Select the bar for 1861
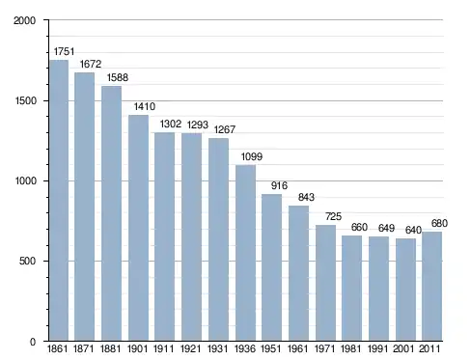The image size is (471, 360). [x=59, y=200]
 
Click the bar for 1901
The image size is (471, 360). [x=138, y=228]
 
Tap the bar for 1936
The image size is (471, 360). [x=245, y=253]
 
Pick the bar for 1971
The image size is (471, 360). [x=325, y=283]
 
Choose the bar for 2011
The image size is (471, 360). [x=431, y=287]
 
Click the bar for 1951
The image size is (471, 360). [x=271, y=267]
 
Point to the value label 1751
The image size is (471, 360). [x=64, y=51]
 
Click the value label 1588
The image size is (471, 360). [x=118, y=77]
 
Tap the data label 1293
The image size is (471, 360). [x=198, y=125]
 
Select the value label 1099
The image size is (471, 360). [x=252, y=156]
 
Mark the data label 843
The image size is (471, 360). [x=306, y=197]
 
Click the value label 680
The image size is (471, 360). [x=439, y=223]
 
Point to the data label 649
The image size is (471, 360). [x=386, y=228]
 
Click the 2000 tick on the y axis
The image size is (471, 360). [x=24, y=20]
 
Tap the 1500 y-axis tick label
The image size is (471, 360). [x=26, y=100]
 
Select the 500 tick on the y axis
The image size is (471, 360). [x=27, y=261]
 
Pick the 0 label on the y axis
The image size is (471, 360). [x=33, y=342]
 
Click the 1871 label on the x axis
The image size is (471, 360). [x=83, y=348]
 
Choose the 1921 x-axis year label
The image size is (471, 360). [x=190, y=348]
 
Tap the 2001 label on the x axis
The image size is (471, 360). [x=403, y=348]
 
